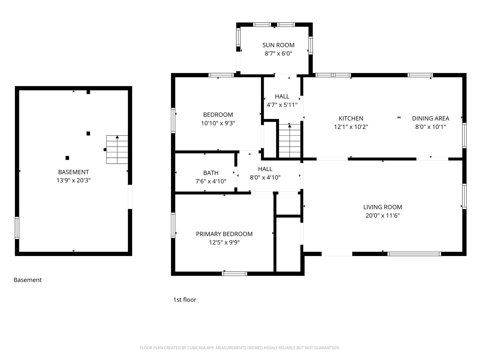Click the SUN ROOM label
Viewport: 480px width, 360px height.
[278, 45]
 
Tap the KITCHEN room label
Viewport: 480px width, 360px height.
[351, 118]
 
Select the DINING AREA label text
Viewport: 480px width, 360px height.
[430, 118]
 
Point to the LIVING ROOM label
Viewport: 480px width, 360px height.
[382, 207]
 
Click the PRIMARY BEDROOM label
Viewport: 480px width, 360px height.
[224, 234]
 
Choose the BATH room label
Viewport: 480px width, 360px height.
[211, 173]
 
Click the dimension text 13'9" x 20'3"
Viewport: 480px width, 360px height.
[73, 180]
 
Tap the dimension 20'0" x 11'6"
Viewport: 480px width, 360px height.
[382, 216]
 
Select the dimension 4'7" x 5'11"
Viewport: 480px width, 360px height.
[282, 105]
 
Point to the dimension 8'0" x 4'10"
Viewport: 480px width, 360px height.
[265, 177]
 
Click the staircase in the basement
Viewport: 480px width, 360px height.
[117, 150]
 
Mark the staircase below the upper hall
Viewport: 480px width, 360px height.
[290, 141]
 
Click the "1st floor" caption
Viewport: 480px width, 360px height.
[185, 300]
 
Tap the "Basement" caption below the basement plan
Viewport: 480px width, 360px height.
[28, 280]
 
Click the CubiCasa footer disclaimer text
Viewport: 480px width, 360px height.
[240, 348]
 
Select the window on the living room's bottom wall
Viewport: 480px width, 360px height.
[414, 254]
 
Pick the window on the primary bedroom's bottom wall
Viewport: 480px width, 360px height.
[234, 274]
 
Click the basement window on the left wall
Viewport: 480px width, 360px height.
[17, 228]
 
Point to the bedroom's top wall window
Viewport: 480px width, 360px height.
[221, 75]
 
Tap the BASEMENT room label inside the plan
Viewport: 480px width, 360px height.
[73, 172]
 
